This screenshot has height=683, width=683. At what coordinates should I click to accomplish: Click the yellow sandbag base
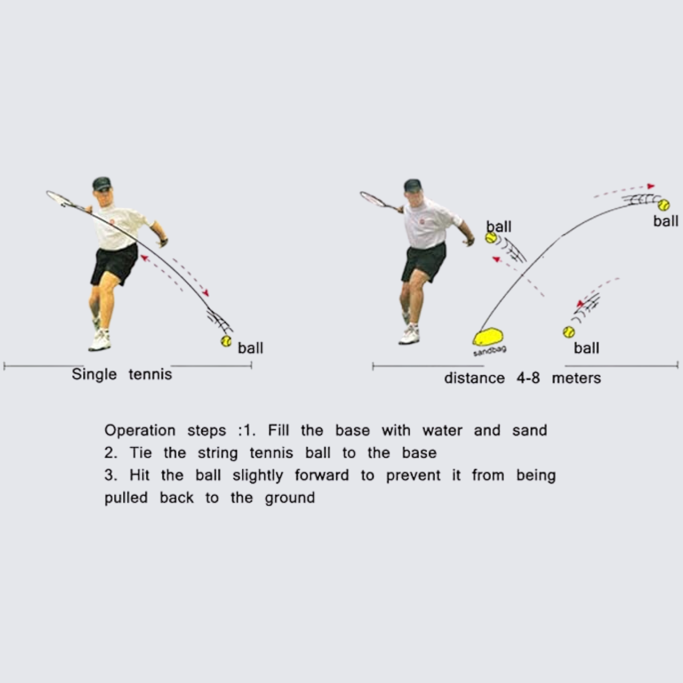(x=488, y=337)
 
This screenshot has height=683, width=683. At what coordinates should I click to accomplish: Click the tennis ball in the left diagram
(x=226, y=341)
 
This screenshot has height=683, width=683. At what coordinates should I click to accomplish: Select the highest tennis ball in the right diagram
(x=664, y=205)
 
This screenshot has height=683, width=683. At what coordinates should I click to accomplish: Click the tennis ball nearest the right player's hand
(x=491, y=238)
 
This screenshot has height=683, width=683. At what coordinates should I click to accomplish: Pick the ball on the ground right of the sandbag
(x=569, y=332)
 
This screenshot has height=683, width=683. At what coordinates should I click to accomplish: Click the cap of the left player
(x=102, y=183)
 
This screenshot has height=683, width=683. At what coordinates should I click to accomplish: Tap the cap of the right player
(x=412, y=185)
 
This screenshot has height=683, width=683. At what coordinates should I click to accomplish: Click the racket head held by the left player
(x=58, y=198)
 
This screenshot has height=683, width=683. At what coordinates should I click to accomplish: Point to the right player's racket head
(x=372, y=199)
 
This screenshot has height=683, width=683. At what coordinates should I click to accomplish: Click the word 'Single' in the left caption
(x=94, y=374)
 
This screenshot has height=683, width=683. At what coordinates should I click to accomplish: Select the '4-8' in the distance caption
(x=528, y=378)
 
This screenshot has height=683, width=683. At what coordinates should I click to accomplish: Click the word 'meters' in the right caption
(x=576, y=378)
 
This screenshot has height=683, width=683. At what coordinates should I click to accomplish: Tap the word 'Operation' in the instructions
(x=140, y=431)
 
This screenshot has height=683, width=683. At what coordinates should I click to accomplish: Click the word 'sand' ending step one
(x=529, y=431)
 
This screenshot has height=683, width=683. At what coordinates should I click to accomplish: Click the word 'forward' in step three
(x=322, y=475)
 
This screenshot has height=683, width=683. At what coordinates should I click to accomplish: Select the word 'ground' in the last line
(x=290, y=498)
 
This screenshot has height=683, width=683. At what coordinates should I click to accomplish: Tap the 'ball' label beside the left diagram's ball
(x=250, y=348)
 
